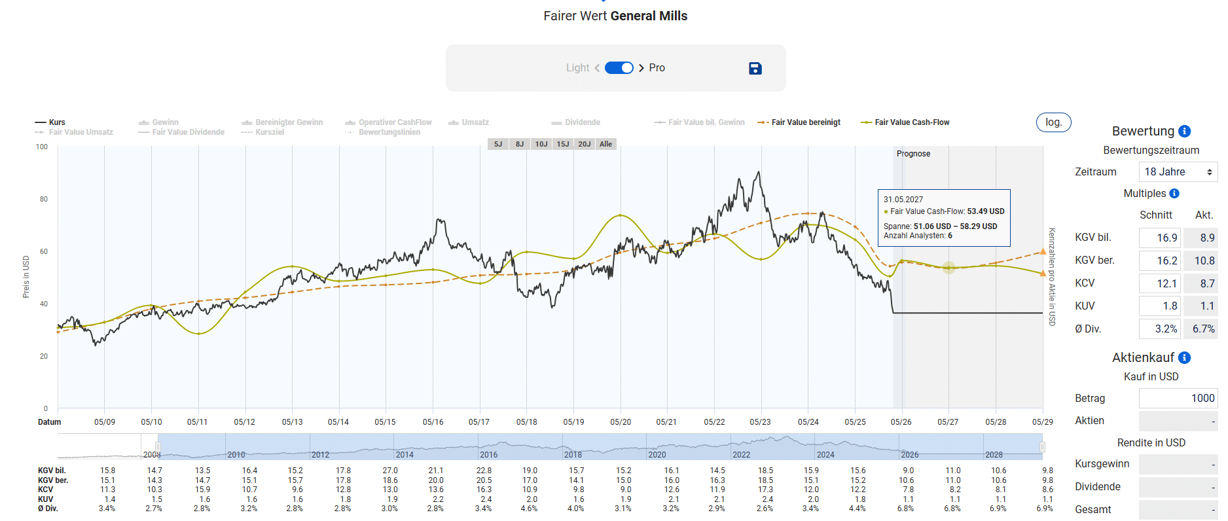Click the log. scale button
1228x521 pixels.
(1053, 122)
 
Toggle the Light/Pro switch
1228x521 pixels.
(619, 68)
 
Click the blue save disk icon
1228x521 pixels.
(755, 68)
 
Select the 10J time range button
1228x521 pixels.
(541, 144)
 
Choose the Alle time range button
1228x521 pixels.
(605, 144)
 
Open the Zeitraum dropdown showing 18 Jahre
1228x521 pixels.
(1178, 172)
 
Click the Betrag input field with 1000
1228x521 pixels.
(1178, 398)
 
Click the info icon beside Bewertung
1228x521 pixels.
(1184, 132)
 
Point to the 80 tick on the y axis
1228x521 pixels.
(44, 199)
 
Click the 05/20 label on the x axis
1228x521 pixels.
(621, 422)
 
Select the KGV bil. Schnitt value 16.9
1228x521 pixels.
(1159, 238)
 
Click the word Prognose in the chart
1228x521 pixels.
(913, 154)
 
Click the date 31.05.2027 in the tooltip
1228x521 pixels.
(903, 200)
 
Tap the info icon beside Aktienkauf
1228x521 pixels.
(1184, 358)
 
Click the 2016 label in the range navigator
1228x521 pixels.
(488, 454)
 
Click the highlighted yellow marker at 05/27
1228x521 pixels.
(948, 267)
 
